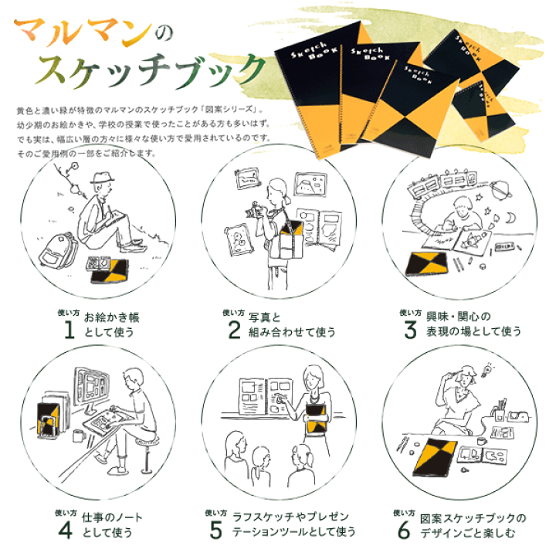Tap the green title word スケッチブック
(x=151, y=71)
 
